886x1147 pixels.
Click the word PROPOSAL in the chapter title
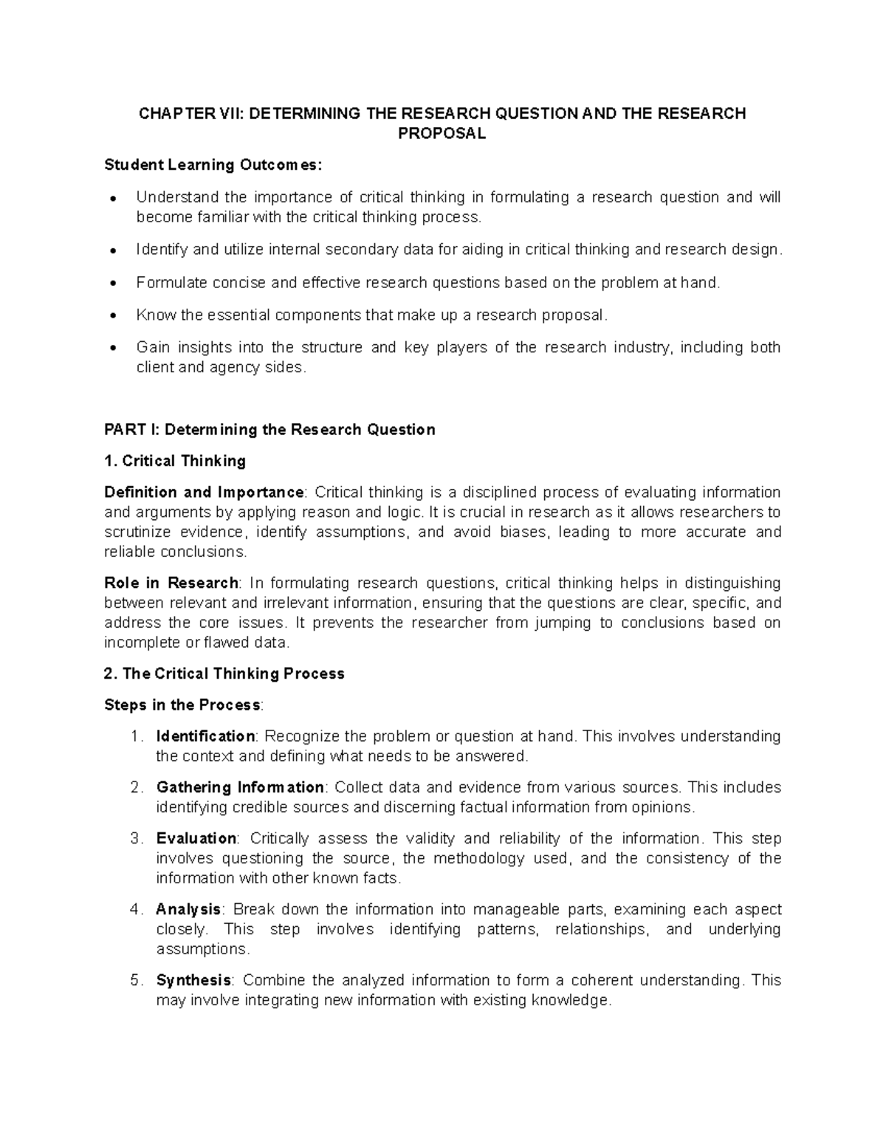[x=442, y=134]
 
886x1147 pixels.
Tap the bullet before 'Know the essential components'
[x=112, y=315]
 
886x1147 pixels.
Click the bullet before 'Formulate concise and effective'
[x=112, y=283]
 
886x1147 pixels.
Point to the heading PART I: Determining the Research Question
[x=269, y=430]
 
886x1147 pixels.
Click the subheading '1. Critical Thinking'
[x=175, y=462]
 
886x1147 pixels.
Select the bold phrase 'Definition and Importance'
[x=204, y=493]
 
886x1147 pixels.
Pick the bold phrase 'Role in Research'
[x=171, y=583]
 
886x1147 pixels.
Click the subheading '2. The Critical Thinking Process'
[x=224, y=674]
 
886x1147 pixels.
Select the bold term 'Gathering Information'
[x=240, y=787]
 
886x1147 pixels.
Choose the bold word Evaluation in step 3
[x=196, y=838]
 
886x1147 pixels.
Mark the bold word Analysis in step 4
[x=188, y=909]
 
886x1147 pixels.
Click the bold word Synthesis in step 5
[x=193, y=980]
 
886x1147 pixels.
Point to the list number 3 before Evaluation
[x=134, y=838]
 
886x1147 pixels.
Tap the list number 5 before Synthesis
[x=134, y=980]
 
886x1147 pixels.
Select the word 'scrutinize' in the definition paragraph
[x=137, y=533]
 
